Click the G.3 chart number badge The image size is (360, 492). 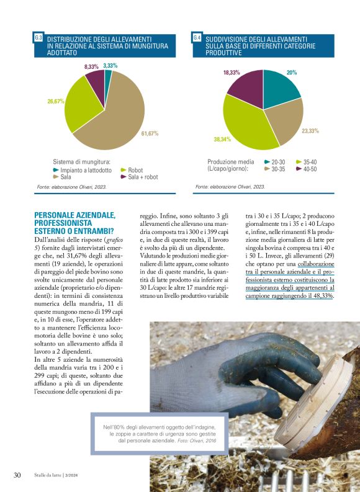click(x=38, y=38)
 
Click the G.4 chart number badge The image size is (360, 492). click(x=197, y=38)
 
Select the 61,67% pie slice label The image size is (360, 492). click(x=150, y=133)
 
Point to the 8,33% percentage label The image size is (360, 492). click(x=91, y=66)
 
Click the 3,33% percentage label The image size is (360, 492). click(x=110, y=65)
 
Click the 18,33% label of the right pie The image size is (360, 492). click(x=232, y=73)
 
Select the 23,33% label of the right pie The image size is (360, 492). click(x=310, y=131)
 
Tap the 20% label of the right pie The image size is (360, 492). click(x=292, y=73)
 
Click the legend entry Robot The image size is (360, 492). click(x=135, y=170)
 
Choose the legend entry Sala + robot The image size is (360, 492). click(x=143, y=177)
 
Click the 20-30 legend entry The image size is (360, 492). click(x=278, y=162)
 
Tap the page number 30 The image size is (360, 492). click(x=17, y=475)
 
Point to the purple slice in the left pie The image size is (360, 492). click(x=95, y=79)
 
